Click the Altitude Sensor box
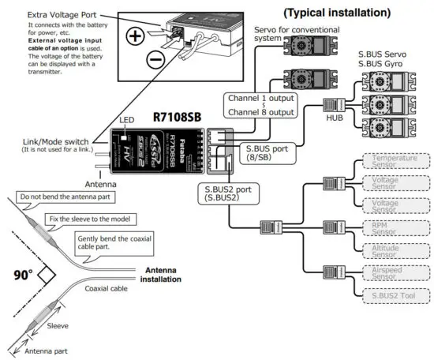pos(386,251)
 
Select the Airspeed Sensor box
pos(386,273)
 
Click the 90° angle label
pos(23,277)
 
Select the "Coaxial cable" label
pos(106,288)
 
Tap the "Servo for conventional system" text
pos(279,32)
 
